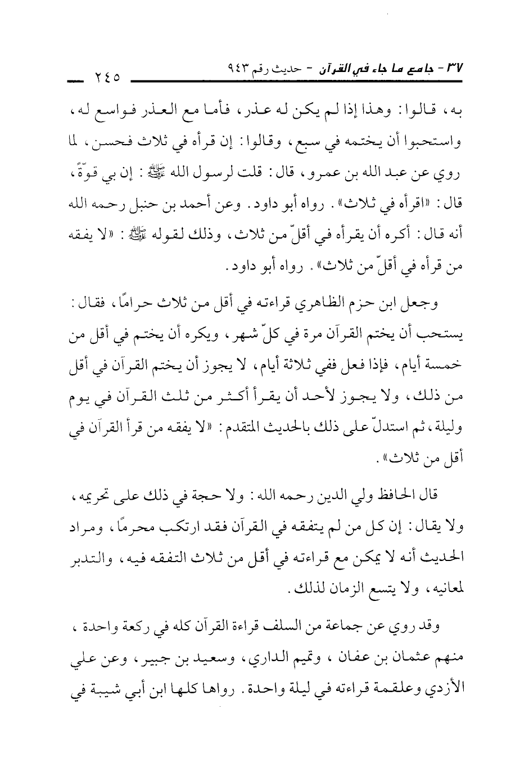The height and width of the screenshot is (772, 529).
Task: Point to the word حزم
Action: click(391, 305)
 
